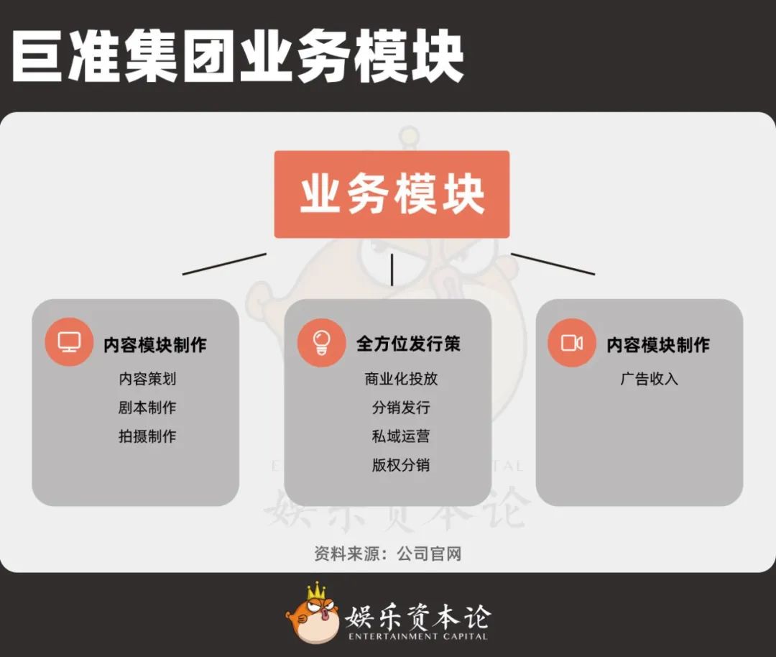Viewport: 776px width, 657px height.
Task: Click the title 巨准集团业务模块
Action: (x=237, y=56)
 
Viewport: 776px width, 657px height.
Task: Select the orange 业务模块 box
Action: (x=392, y=194)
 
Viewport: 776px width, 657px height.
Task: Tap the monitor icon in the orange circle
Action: (x=69, y=342)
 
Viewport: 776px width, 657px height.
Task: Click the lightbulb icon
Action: (x=321, y=343)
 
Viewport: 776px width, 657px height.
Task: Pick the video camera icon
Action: (x=572, y=343)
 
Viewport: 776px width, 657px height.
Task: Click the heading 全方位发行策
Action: (x=408, y=344)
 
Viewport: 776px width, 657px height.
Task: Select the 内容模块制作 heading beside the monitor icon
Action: (x=154, y=344)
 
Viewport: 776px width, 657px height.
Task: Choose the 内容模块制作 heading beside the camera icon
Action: (x=657, y=344)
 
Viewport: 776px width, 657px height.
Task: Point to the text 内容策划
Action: (x=147, y=379)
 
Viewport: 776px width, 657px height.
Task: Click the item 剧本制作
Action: (x=147, y=408)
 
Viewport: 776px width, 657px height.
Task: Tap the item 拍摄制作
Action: (x=147, y=436)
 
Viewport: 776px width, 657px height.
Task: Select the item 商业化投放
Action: (x=401, y=379)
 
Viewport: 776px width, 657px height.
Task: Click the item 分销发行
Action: (x=401, y=408)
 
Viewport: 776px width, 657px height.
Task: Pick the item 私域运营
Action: (x=401, y=436)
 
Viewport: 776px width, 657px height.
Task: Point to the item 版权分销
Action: (x=401, y=465)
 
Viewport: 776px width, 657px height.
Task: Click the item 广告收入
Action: (x=649, y=379)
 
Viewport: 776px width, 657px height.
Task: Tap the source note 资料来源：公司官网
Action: (x=387, y=553)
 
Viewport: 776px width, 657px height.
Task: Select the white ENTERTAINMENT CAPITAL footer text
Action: (x=417, y=636)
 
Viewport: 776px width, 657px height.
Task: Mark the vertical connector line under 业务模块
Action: (x=392, y=270)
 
